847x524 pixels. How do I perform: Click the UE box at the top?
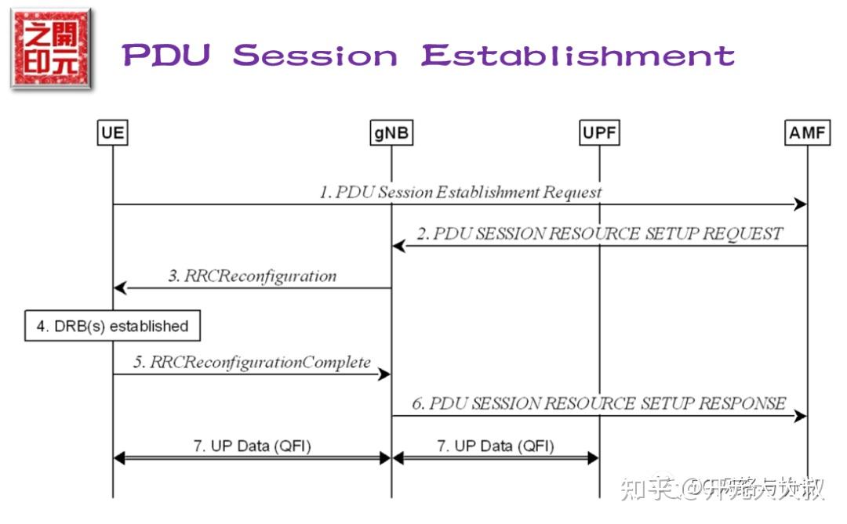[x=113, y=133]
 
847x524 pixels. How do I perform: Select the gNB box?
[x=391, y=133]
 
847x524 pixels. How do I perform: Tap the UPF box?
[x=599, y=133]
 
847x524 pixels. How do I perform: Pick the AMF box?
[x=807, y=133]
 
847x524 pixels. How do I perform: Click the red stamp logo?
[x=51, y=50]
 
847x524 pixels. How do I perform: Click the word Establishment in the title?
[x=578, y=56]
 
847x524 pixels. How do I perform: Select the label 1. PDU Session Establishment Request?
[x=460, y=192]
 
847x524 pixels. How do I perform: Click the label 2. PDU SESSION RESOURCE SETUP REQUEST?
[x=599, y=233]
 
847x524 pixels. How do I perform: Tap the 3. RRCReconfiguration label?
[x=252, y=276]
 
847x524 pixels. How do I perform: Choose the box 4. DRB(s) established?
[x=112, y=326]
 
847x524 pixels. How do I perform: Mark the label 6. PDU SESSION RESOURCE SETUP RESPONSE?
[x=599, y=403]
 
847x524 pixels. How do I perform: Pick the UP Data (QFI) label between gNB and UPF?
[x=495, y=446]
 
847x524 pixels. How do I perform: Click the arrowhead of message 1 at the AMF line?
[x=801, y=204]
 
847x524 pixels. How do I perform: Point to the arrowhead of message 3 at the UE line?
[x=120, y=288]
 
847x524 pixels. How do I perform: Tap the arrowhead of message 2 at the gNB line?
[x=398, y=246]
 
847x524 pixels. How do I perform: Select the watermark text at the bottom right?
[x=722, y=489]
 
